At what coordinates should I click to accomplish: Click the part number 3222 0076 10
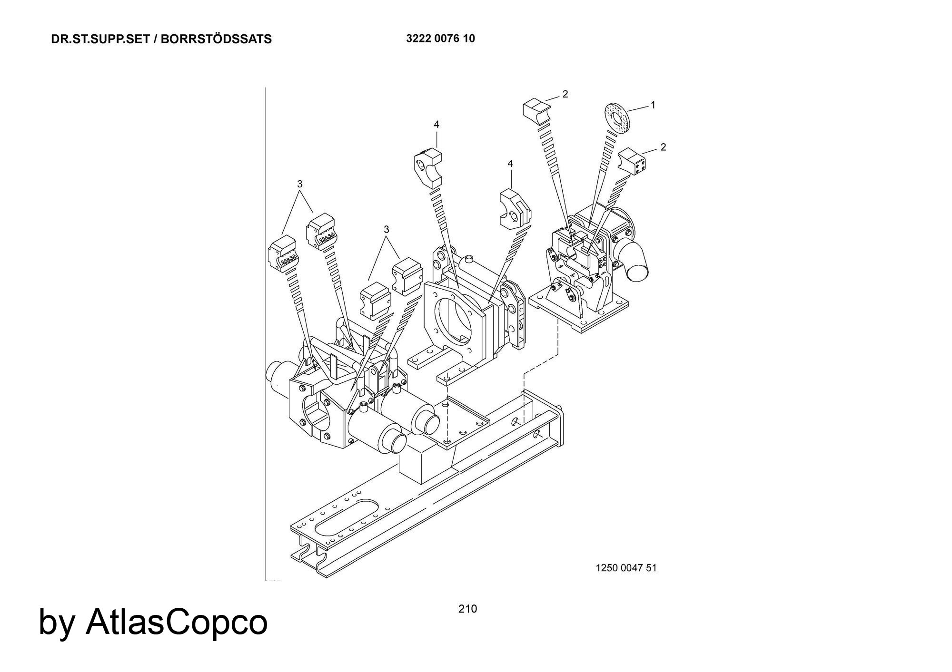tap(440, 39)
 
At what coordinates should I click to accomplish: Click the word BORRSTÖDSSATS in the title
tap(216, 39)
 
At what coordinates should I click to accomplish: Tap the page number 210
tap(467, 609)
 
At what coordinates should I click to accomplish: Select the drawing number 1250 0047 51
tap(626, 568)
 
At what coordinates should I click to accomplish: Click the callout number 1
tap(653, 105)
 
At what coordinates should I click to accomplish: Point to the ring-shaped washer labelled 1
tap(616, 117)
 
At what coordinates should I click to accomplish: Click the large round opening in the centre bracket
tap(457, 323)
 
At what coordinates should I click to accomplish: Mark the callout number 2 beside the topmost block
tap(565, 94)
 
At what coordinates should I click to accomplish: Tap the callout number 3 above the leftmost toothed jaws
tap(299, 184)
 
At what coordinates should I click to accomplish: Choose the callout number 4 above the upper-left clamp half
tap(436, 125)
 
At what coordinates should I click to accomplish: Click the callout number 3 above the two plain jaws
tap(387, 229)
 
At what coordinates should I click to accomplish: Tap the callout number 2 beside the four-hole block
tap(663, 147)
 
